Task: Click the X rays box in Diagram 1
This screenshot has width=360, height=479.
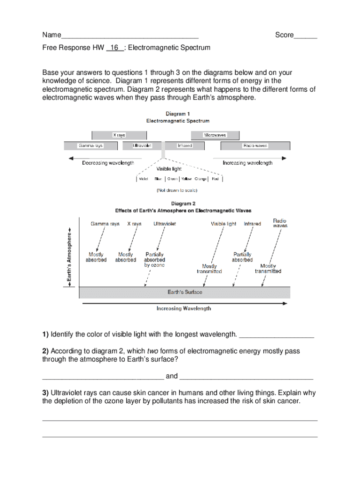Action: (119, 135)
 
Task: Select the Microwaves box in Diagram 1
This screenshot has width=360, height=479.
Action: (215, 135)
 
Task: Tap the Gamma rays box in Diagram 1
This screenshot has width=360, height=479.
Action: (91, 146)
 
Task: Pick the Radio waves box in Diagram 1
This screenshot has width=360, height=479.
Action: (255, 146)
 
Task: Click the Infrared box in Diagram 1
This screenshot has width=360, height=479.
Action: (185, 146)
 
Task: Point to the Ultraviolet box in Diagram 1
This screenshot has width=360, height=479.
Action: (142, 146)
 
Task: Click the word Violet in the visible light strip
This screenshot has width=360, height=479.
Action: (144, 179)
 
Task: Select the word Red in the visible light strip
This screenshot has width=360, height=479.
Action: (215, 179)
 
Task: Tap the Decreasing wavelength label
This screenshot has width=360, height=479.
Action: (108, 163)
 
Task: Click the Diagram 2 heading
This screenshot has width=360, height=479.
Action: (180, 203)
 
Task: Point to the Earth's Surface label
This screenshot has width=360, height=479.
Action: (185, 292)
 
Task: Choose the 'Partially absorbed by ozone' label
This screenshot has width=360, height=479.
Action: (154, 260)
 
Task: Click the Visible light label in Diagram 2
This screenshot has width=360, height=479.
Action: (223, 224)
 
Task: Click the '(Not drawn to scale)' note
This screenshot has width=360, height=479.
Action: (177, 190)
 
